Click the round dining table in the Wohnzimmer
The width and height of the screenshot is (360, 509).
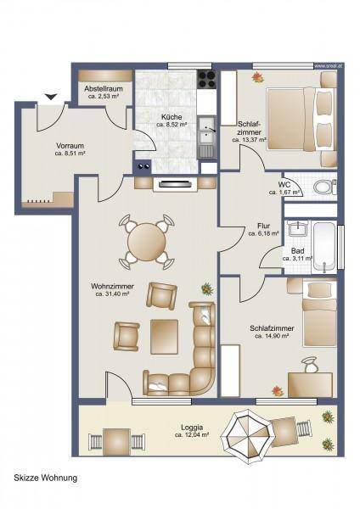pos(147,242)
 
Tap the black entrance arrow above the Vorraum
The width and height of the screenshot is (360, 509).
pos(51,97)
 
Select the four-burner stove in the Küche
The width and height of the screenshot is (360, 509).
pos(206,79)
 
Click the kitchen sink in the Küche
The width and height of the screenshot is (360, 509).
pos(206,131)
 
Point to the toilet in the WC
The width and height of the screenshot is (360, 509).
pos(325,187)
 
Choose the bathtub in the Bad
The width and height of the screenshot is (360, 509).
pos(323,246)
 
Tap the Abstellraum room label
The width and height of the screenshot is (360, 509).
pos(104,88)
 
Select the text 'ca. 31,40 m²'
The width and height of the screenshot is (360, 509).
pos(112,294)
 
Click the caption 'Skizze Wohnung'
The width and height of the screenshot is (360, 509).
pos(46,478)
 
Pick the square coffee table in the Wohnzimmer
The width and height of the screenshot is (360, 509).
pos(165,337)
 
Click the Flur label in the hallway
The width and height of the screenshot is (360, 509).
pos(263,226)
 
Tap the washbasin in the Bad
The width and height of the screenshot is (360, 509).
pos(298,228)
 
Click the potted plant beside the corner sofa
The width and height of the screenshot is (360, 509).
pos(206,288)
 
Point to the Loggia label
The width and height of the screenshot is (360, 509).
pos(192,428)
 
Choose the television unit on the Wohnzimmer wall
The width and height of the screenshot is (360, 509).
pos(175,184)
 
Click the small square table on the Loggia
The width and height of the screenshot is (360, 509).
pos(116,441)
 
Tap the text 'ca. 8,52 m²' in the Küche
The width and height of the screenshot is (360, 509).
pos(172,125)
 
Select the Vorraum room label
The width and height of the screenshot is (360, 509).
pos(70,146)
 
